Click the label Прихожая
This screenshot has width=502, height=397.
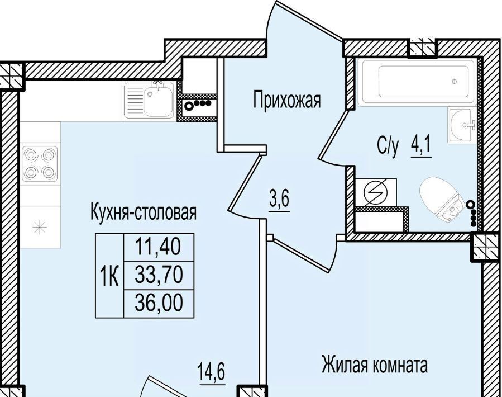click(x=287, y=100)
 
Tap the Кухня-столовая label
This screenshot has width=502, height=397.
click(x=144, y=212)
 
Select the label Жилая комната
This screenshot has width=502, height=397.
click(x=375, y=365)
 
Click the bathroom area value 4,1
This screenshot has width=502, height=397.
click(x=421, y=146)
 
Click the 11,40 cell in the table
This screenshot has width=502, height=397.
click(x=159, y=247)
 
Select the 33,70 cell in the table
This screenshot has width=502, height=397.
click(x=159, y=276)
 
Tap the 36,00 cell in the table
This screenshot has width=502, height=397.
click(x=159, y=304)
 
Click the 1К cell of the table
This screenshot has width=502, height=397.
click(x=109, y=276)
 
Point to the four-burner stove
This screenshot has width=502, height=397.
click(x=40, y=164)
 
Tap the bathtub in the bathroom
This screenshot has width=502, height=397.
click(x=417, y=82)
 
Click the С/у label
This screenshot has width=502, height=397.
click(x=388, y=146)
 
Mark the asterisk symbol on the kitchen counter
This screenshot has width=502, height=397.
click(x=40, y=228)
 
